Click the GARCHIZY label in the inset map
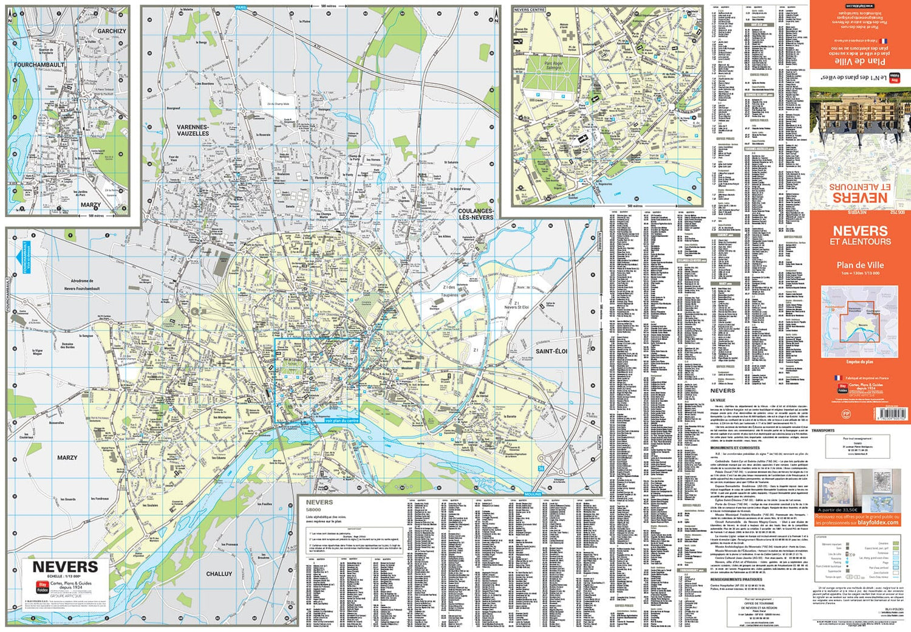pyautogui.click(x=112, y=31)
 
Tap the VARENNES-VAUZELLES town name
pyautogui.click(x=193, y=130)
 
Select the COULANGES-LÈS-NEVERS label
pyautogui.click(x=476, y=214)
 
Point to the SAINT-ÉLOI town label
pyautogui.click(x=551, y=351)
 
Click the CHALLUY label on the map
pyautogui.click(x=219, y=574)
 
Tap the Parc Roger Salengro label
pyautogui.click(x=544, y=65)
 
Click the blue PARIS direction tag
pyautogui.click(x=241, y=7)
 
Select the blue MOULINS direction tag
pyautogui.click(x=533, y=494)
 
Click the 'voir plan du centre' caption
pyautogui.click(x=342, y=421)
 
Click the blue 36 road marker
pyautogui.click(x=541, y=469)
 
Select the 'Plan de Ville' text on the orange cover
pyautogui.click(x=860, y=265)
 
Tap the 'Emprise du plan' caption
pyautogui.click(x=859, y=362)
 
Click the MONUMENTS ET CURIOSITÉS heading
pyautogui.click(x=734, y=448)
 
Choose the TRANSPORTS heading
pyautogui.click(x=823, y=430)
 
